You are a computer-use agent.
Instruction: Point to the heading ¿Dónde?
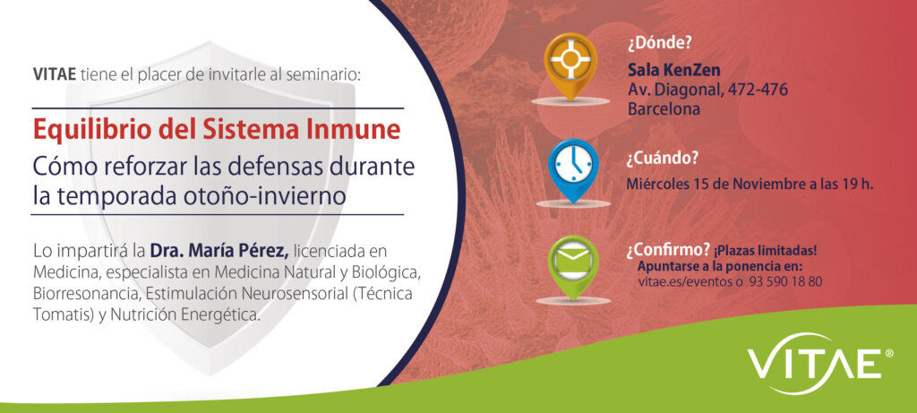655,43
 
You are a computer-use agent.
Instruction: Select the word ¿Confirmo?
668,250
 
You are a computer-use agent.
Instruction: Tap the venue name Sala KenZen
673,70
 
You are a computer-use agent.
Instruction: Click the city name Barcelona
664,108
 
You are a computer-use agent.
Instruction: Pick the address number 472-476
758,90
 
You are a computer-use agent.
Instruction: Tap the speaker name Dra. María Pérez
219,252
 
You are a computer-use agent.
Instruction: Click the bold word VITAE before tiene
55,75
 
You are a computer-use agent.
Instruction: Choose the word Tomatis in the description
58,314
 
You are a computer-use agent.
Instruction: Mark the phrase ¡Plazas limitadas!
765,251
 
